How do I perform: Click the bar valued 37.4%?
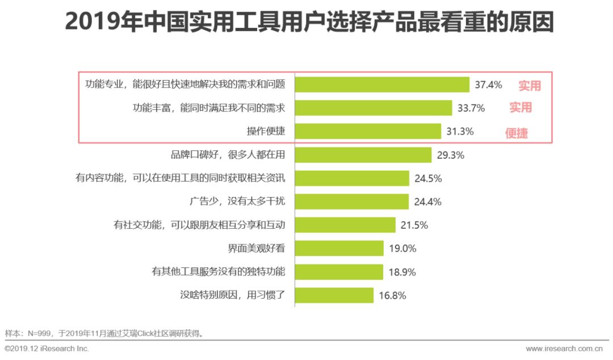[x=381, y=85]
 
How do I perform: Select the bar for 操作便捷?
[x=368, y=131]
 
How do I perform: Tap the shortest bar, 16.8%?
[x=334, y=295]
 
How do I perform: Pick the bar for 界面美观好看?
[x=339, y=248]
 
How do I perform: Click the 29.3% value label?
[x=451, y=155]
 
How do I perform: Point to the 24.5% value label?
[x=428, y=178]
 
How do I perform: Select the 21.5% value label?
[x=414, y=225]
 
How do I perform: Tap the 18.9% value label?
[x=402, y=272]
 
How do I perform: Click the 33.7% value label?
[x=471, y=108]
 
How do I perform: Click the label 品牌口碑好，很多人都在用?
[x=228, y=154]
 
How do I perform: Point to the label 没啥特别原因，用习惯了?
[x=232, y=295]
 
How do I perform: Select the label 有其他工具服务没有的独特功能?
[x=218, y=271]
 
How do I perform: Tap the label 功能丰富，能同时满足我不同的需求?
[x=208, y=108]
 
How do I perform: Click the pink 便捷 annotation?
[x=517, y=134]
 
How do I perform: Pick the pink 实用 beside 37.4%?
[x=529, y=86]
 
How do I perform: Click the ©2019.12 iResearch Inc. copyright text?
[x=47, y=349]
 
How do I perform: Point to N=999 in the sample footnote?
[x=38, y=333]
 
